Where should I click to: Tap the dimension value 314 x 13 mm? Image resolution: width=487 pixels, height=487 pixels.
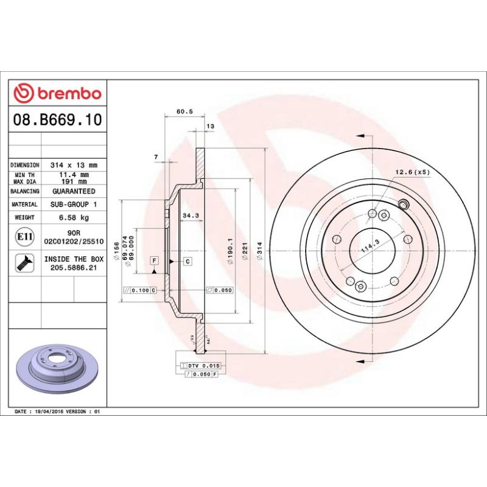pos(73,165)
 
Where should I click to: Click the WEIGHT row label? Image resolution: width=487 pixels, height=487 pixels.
pos(24,217)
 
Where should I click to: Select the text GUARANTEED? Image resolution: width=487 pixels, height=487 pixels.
pos(73,191)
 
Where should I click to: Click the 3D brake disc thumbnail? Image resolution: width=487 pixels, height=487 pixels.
pos(57,368)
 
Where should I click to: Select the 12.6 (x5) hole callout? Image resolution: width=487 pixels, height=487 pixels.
pos(412,172)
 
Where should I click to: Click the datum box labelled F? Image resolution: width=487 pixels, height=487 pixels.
pos(155,261)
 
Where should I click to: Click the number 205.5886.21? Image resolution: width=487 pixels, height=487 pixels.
pos(73,267)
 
